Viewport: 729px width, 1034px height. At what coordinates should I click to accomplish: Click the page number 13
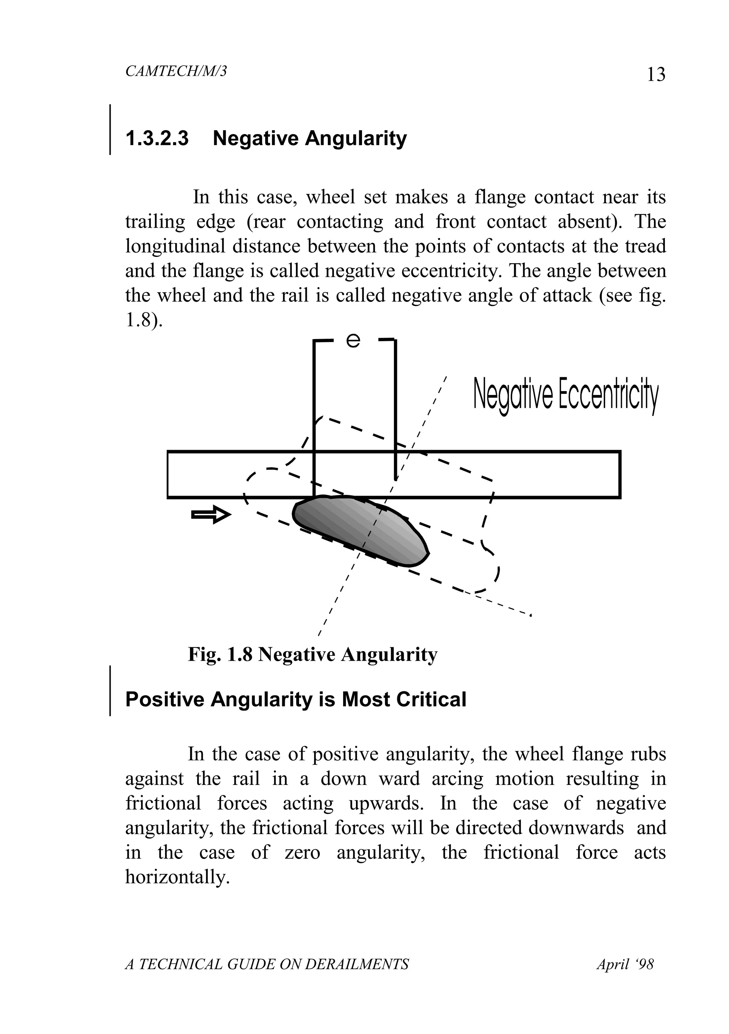[x=656, y=74]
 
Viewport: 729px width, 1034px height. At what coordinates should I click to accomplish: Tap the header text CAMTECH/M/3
[x=176, y=71]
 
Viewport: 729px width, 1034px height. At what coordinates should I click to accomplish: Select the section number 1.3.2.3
[x=157, y=138]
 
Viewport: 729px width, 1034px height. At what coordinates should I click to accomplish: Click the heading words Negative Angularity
[x=310, y=138]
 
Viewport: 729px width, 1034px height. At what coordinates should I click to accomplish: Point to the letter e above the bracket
[x=353, y=341]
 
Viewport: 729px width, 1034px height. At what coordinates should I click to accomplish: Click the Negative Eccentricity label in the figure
[x=566, y=395]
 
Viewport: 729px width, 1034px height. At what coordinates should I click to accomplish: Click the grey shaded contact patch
[x=361, y=529]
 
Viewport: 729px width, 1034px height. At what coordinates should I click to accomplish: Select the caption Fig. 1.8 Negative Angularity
[x=313, y=654]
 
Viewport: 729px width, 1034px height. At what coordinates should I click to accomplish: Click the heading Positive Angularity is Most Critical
[x=295, y=700]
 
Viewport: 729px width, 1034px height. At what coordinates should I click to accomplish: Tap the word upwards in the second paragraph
[x=387, y=803]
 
